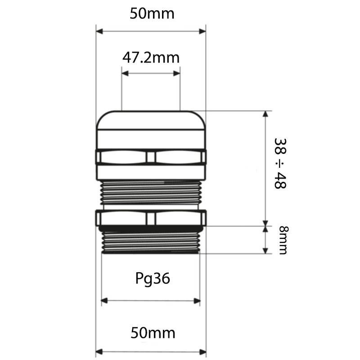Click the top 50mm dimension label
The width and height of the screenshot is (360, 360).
tap(152, 13)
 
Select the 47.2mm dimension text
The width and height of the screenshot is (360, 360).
tap(151, 58)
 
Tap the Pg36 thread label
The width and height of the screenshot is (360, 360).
tap(153, 279)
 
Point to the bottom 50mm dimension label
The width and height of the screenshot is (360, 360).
tap(153, 333)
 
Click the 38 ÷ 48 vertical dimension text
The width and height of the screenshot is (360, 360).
tap(280, 163)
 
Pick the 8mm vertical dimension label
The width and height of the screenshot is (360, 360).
tap(283, 240)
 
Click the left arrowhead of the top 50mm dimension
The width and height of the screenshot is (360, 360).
tap(99, 31)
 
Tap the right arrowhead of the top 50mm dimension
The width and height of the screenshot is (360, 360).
tap(202, 31)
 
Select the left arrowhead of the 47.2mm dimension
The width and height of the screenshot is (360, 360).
tap(125, 73)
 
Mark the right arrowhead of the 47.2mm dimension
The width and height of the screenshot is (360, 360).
tap(177, 73)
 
